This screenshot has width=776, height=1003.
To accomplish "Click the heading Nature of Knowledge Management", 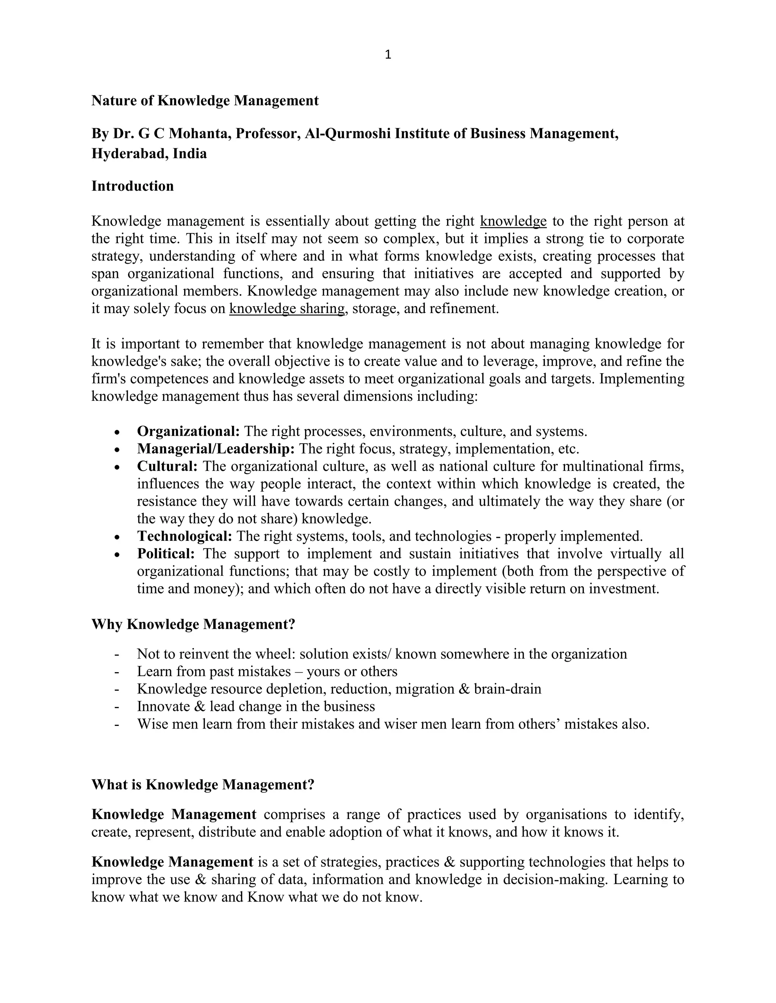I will [x=205, y=101].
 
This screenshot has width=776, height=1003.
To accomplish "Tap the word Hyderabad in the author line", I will [x=130, y=153].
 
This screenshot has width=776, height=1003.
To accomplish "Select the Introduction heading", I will [x=132, y=186].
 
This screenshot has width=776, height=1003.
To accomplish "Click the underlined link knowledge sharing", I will [x=287, y=308].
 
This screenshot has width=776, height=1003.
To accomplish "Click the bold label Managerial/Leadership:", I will [x=216, y=449].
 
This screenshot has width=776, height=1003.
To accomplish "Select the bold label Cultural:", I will [x=167, y=466].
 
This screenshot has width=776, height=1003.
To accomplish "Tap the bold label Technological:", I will [x=185, y=536].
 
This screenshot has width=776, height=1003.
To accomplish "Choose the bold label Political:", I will [x=166, y=553].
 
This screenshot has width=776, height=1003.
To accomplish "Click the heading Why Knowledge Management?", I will [x=193, y=625].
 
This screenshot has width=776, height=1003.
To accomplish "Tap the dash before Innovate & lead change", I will [x=117, y=706].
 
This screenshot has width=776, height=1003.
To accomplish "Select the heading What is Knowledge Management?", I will [x=203, y=784].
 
